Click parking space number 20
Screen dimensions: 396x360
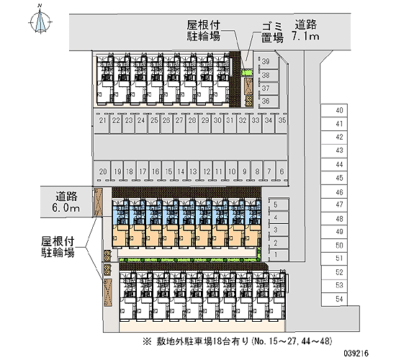[102, 171]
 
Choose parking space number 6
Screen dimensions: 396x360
[282, 171]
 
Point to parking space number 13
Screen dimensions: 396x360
[193, 171]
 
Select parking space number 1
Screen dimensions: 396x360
[278, 254]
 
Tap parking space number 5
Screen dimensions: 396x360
[278, 204]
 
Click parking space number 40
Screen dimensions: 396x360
[334, 110]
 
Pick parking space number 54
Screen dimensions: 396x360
[334, 300]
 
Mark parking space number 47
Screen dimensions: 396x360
[334, 204]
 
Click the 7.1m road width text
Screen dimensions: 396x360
[305, 37]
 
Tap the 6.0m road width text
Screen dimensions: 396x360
[66, 208]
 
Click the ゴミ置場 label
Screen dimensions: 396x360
[271, 32]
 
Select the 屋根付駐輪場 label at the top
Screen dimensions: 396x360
[204, 30]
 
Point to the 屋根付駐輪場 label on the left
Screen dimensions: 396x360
[58, 247]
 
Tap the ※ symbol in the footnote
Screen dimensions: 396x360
[147, 341]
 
